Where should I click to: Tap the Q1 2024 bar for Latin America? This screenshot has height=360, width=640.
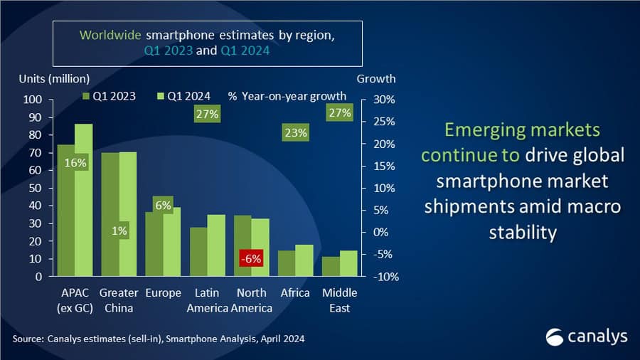pyautogui.click(x=216, y=245)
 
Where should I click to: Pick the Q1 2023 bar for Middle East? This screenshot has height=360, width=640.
pyautogui.click(x=331, y=267)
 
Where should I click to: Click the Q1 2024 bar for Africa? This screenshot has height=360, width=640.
pyautogui.click(x=304, y=260)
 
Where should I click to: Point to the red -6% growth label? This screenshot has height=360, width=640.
pyautogui.click(x=251, y=259)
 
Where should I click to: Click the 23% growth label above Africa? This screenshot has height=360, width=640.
pyautogui.click(x=294, y=132)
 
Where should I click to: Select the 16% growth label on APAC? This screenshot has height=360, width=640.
pyautogui.click(x=75, y=163)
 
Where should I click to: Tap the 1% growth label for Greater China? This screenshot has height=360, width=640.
pyautogui.click(x=119, y=229)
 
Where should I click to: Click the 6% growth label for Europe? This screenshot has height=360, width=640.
pyautogui.click(x=163, y=205)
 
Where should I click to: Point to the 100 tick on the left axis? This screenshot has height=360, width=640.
pyautogui.click(x=33, y=100)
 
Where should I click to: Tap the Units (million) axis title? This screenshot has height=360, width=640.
pyautogui.click(x=54, y=78)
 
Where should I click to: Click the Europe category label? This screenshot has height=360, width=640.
pyautogui.click(x=163, y=293)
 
